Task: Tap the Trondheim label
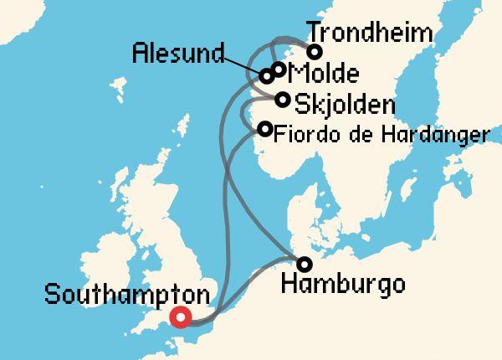click(x=370, y=33)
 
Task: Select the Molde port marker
click(x=279, y=69)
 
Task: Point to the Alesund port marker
click(x=266, y=76)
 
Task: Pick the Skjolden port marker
click(x=284, y=100)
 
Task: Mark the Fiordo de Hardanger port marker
click(x=265, y=129)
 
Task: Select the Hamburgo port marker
click(x=305, y=265)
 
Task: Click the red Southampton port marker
click(x=180, y=317)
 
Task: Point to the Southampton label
click(x=126, y=296)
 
